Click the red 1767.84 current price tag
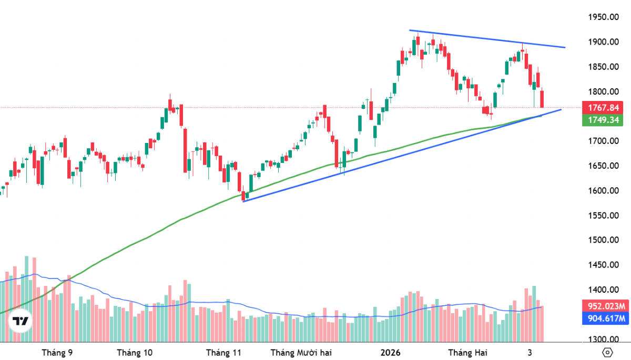click(x=603, y=108)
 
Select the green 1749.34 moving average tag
click(x=603, y=120)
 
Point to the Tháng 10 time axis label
click(x=135, y=352)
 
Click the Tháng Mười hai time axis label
click(x=301, y=352)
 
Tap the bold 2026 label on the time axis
click(x=390, y=352)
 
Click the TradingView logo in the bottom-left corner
click(x=21, y=321)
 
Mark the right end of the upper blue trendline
click(x=565, y=47)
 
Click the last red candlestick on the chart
click(x=542, y=98)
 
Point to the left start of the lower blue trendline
click(x=243, y=201)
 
